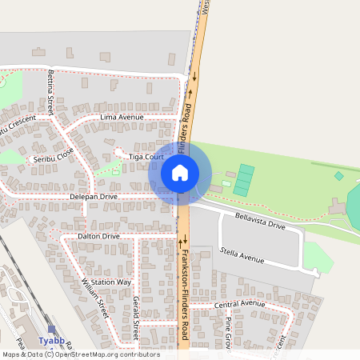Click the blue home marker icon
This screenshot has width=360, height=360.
coord(180,172)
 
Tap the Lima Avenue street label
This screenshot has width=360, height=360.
coord(122,117)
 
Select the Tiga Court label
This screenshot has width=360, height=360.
coord(146,158)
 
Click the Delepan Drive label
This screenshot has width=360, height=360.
coord(94,196)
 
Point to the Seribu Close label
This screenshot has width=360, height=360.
coord(53,155)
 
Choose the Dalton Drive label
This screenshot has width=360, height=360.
coord(99,237)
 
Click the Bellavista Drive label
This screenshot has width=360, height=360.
coord(260,221)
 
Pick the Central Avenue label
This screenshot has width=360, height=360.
coord(238,304)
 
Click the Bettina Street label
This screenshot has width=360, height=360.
coord(51,90)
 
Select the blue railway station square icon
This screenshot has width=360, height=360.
coord(52,329)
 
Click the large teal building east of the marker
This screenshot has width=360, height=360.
coord(243,180)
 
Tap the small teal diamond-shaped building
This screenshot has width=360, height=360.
coord(338,176)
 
